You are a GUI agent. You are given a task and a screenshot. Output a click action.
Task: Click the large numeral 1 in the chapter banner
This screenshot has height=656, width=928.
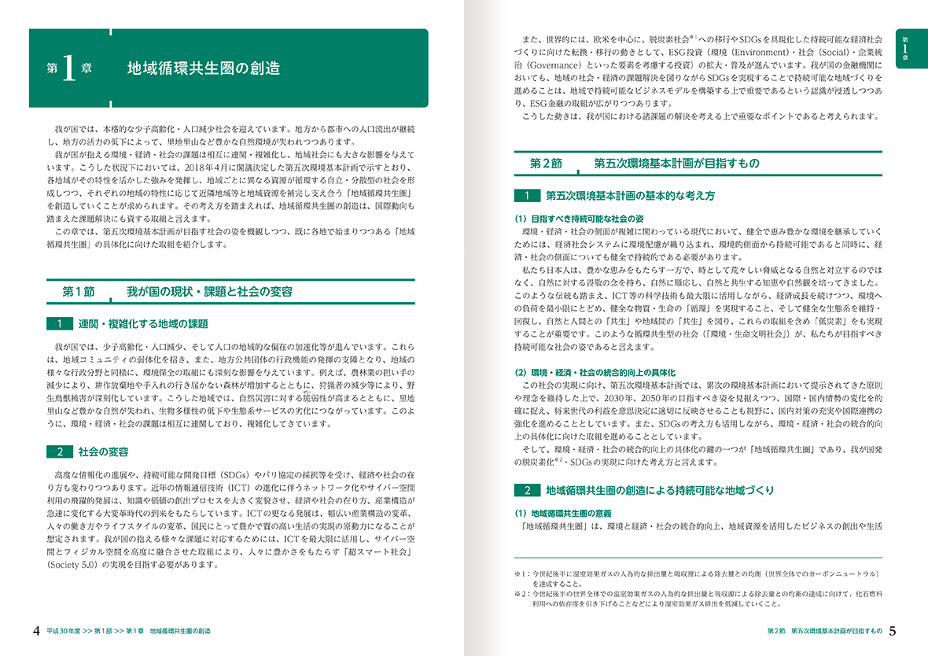coord(68,69)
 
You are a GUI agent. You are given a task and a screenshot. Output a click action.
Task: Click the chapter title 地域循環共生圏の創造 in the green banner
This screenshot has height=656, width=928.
coord(204,68)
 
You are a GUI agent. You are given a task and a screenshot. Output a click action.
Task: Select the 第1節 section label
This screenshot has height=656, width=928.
coord(79,292)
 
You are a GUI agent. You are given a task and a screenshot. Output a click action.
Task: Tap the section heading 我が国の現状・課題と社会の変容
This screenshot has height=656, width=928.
coord(210,292)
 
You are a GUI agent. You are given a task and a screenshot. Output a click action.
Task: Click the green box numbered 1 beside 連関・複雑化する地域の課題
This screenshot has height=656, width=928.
coord(59,324)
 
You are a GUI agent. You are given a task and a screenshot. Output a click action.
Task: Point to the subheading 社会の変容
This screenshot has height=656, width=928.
coord(104,451)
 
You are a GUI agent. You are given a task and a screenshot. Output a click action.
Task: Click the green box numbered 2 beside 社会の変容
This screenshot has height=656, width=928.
coord(59,451)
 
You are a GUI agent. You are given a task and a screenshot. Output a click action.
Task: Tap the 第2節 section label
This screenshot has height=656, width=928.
coord(546,164)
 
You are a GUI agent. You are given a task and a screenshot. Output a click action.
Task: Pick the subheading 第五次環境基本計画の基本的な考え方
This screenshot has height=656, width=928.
coord(630,195)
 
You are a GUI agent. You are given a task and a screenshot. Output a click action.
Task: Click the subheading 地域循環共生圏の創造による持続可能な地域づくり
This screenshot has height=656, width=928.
coord(661,490)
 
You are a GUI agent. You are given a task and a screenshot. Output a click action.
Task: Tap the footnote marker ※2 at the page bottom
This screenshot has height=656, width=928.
coord(519,594)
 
